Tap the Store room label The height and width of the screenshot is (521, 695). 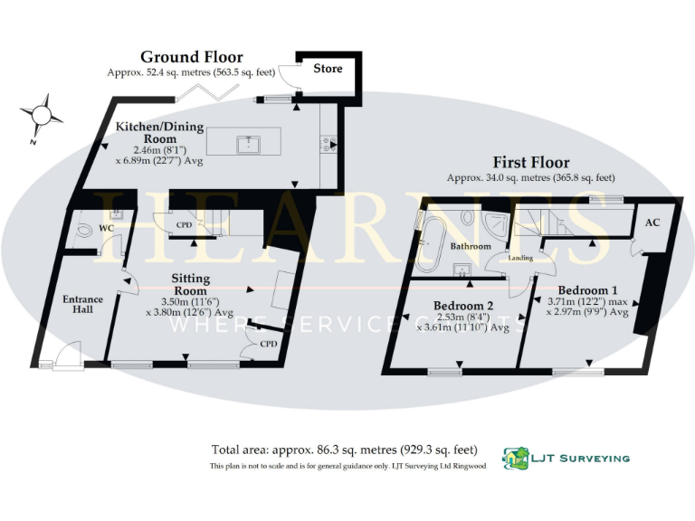click(328, 69)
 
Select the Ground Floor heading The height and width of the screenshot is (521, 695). click(191, 57)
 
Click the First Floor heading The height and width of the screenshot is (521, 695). click(530, 164)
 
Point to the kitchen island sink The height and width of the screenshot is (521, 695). click(244, 143)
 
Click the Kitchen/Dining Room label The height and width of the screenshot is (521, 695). click(159, 132)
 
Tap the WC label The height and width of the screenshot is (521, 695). click(107, 228)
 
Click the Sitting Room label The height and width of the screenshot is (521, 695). click(191, 284)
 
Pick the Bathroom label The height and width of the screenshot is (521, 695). click(471, 246)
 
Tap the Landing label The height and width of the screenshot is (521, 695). click(519, 259)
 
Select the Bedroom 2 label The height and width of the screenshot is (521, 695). click(462, 305)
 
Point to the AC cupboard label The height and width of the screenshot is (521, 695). click(652, 222)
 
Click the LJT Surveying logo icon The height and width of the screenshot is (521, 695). click(516, 458)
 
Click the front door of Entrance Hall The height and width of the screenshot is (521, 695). click(65, 359)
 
